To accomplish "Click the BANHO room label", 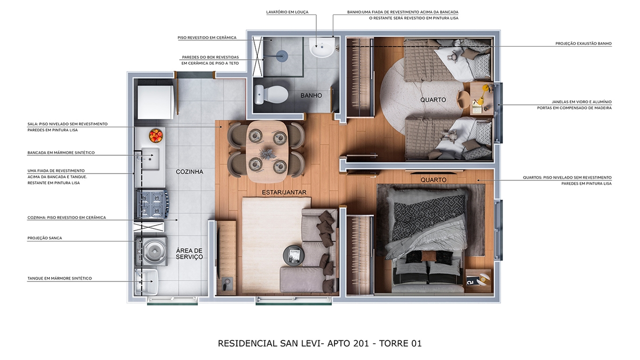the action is point(311,96).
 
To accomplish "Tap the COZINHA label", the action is point(189,172).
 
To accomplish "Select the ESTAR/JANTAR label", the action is point(284,192).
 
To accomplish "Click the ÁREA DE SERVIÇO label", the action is point(189,254).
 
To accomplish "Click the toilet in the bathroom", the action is point(271,94).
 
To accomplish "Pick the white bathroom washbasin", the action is point(322,47).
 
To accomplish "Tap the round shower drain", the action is point(282,56).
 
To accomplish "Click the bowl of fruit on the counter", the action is point(156,135).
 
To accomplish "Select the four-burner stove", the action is point(152,205).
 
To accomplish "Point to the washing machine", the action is point(152,252).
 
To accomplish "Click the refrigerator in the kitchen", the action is point(156,102).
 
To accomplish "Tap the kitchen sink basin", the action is point(150,159).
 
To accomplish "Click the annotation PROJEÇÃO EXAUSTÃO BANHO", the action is point(584,44).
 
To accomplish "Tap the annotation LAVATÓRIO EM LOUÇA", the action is point(287,12).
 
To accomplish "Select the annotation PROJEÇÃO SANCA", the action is point(45,238).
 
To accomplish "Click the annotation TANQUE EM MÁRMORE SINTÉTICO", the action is point(60,278).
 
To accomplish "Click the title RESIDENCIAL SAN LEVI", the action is point(269,343).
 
